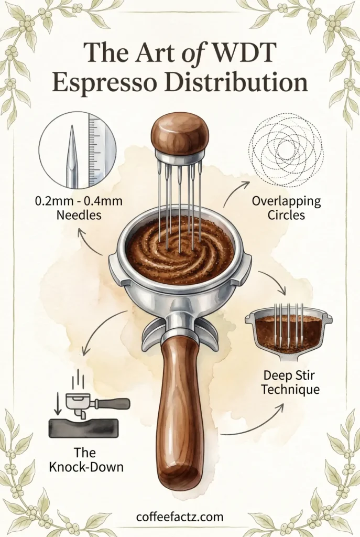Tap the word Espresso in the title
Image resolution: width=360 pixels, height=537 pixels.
(105, 84)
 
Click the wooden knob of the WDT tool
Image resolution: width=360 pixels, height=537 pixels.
(180, 132)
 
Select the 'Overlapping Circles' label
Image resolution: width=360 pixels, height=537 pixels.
(286, 208)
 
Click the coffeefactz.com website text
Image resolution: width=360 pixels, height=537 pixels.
(180, 517)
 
